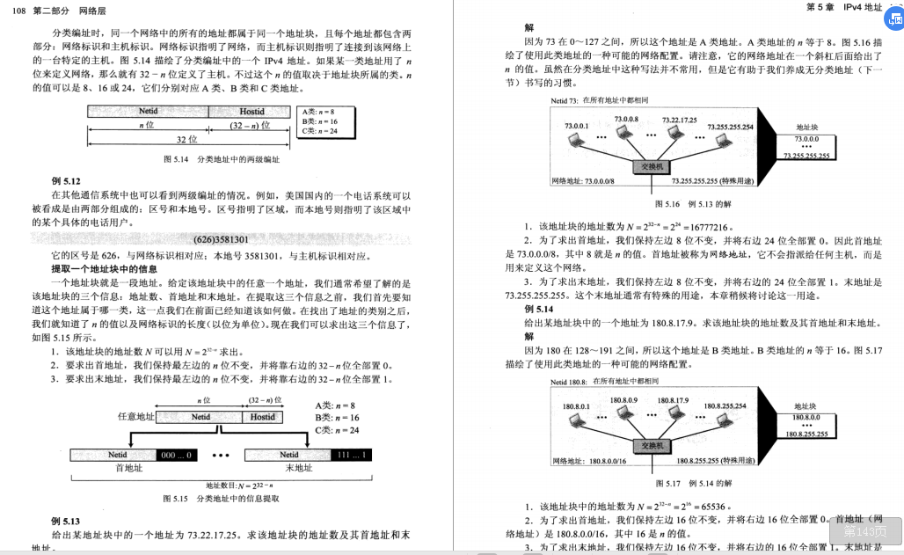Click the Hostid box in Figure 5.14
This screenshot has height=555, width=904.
[x=252, y=112]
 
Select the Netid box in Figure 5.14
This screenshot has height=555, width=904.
[x=148, y=112]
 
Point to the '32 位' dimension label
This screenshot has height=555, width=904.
[x=187, y=139]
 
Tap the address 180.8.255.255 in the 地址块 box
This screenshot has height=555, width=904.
[x=806, y=434]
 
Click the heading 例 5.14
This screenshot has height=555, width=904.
[x=539, y=310]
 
